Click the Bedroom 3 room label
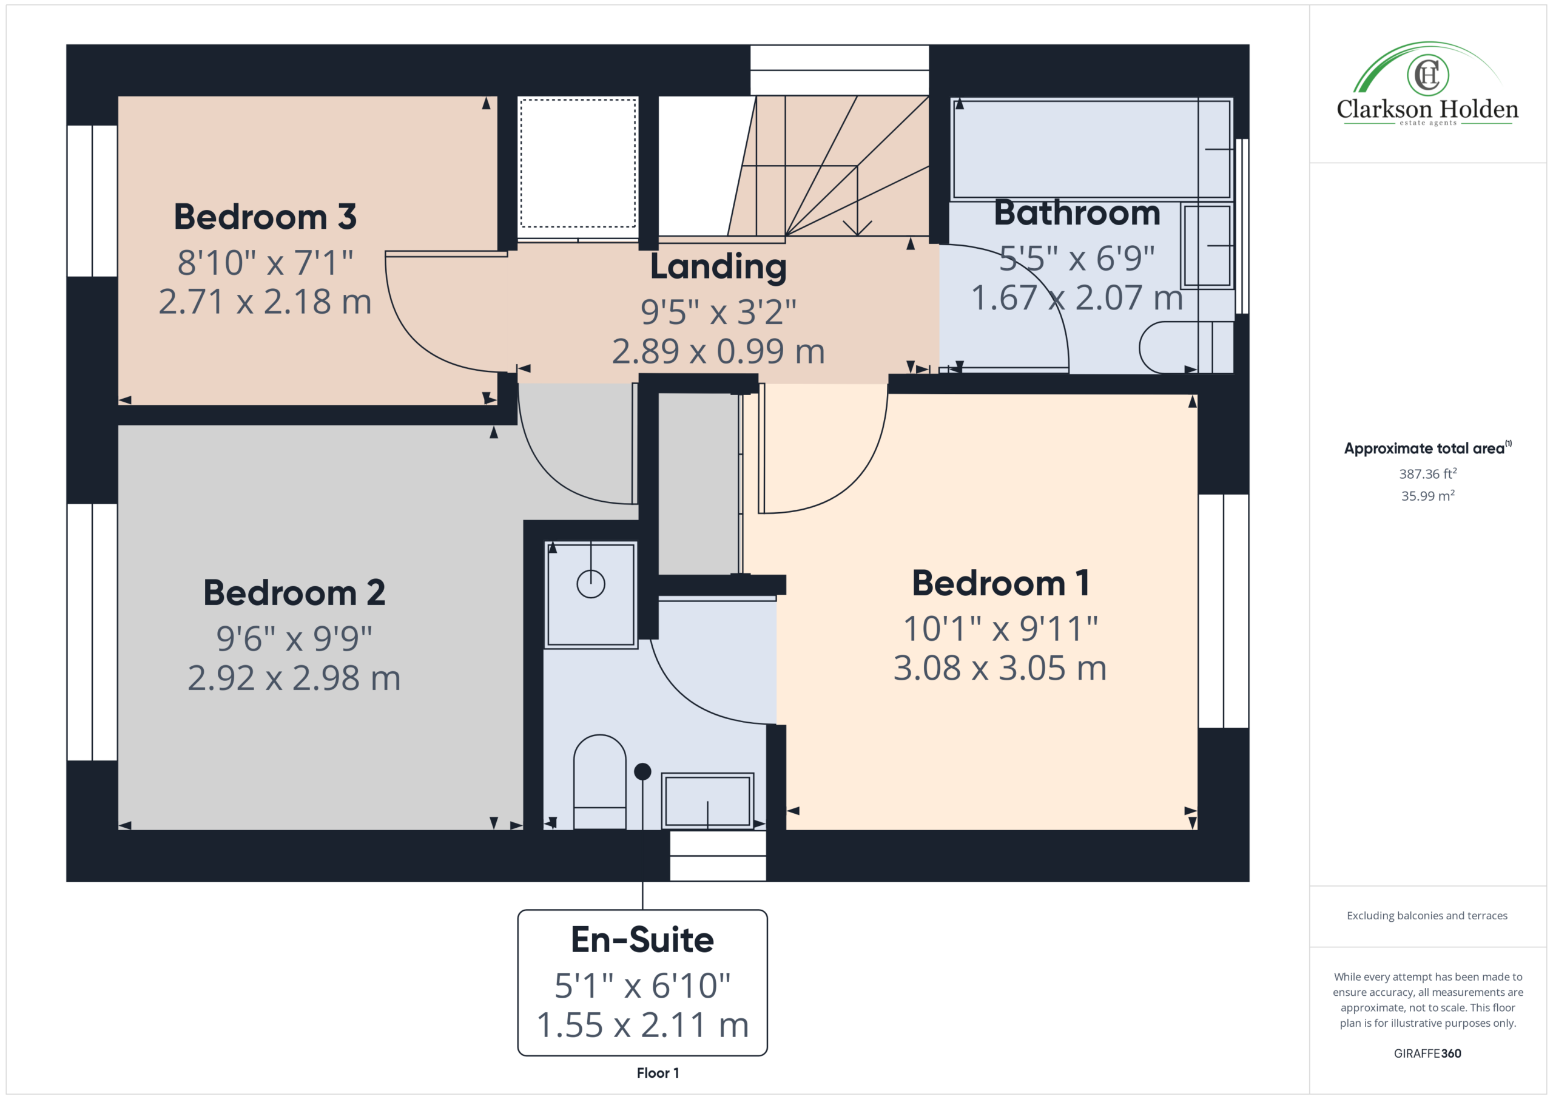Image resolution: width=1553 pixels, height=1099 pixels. point(265,217)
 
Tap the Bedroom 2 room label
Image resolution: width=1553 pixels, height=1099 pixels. point(294,593)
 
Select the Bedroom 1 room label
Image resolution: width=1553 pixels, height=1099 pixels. point(1000,583)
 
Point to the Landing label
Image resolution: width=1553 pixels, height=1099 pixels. point(718,267)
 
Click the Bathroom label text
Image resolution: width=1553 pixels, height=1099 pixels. point(1077,212)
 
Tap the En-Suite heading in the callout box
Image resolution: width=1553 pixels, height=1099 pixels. point(642,939)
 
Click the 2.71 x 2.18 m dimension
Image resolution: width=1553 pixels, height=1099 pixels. point(265,302)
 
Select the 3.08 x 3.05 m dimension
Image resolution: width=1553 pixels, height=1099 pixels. point(1000,668)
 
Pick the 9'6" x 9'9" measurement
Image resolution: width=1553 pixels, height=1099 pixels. point(294,638)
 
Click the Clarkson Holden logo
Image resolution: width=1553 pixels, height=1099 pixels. point(1427,84)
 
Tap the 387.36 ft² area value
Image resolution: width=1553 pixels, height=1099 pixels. point(1428,474)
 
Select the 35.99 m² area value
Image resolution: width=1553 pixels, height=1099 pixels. point(1428,495)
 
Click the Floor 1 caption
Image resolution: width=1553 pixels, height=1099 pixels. point(658,1073)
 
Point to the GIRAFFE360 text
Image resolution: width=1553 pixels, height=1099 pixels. point(1427,1053)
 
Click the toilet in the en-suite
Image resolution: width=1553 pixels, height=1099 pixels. point(599,782)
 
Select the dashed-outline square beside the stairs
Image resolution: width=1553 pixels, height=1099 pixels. point(578,163)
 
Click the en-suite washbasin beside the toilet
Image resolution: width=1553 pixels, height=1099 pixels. point(707,800)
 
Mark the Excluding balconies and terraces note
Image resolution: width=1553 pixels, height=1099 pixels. point(1427,916)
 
